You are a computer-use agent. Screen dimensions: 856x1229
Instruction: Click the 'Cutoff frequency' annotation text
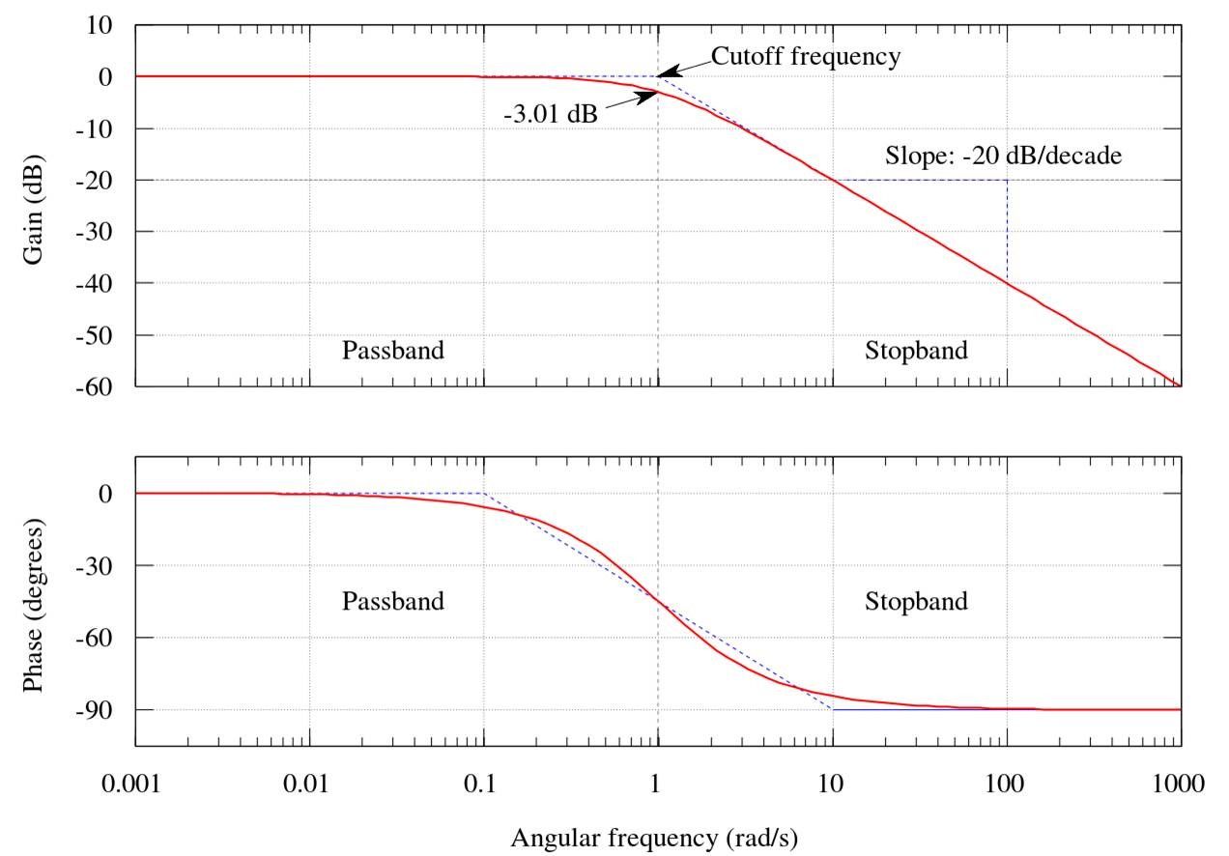pyautogui.click(x=806, y=56)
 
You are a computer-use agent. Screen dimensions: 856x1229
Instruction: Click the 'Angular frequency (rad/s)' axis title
pyautogui.click(x=654, y=837)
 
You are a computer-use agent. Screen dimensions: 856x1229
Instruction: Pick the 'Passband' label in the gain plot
pyautogui.click(x=393, y=350)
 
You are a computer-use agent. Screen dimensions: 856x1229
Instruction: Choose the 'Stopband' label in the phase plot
pyautogui.click(x=916, y=602)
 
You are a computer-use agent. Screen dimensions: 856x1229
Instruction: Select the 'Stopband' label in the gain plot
pyautogui.click(x=916, y=350)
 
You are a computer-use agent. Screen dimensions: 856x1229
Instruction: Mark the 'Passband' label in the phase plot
pyautogui.click(x=393, y=602)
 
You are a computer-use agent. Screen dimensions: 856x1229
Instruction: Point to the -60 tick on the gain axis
pyautogui.click(x=100, y=386)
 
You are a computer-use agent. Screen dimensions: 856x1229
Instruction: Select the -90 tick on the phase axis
pyautogui.click(x=100, y=710)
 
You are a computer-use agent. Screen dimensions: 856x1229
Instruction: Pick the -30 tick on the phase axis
pyautogui.click(x=100, y=565)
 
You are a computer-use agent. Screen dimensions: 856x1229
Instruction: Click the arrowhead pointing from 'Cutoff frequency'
pyautogui.click(x=669, y=72)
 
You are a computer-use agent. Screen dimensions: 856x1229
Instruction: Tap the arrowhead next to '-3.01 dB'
pyautogui.click(x=649, y=95)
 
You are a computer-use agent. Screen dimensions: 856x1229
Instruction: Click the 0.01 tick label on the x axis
pyautogui.click(x=309, y=784)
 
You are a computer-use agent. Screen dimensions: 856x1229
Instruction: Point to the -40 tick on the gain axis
pyautogui.click(x=100, y=283)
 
